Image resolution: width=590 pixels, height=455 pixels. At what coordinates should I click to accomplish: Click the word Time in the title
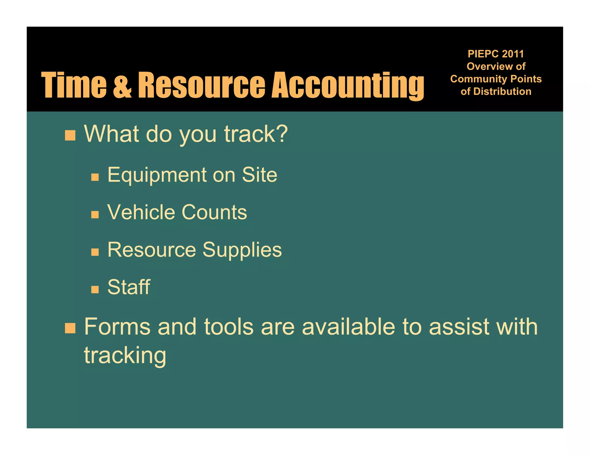click(74, 85)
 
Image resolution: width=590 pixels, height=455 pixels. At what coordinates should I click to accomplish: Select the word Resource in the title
click(201, 85)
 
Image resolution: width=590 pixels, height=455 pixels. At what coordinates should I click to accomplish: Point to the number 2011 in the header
click(513, 54)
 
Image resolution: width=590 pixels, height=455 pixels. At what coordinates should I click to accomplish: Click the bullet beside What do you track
click(70, 135)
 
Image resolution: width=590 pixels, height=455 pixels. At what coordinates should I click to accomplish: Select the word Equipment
click(157, 175)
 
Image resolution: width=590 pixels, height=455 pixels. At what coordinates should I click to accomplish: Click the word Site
click(259, 175)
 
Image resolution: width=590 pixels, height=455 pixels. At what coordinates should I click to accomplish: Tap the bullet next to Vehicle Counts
click(95, 215)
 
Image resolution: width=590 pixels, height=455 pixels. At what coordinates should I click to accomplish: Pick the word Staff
click(129, 287)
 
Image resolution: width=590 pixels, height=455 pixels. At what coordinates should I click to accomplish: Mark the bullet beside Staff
click(95, 289)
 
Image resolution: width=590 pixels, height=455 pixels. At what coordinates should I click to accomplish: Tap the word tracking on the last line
click(125, 356)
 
